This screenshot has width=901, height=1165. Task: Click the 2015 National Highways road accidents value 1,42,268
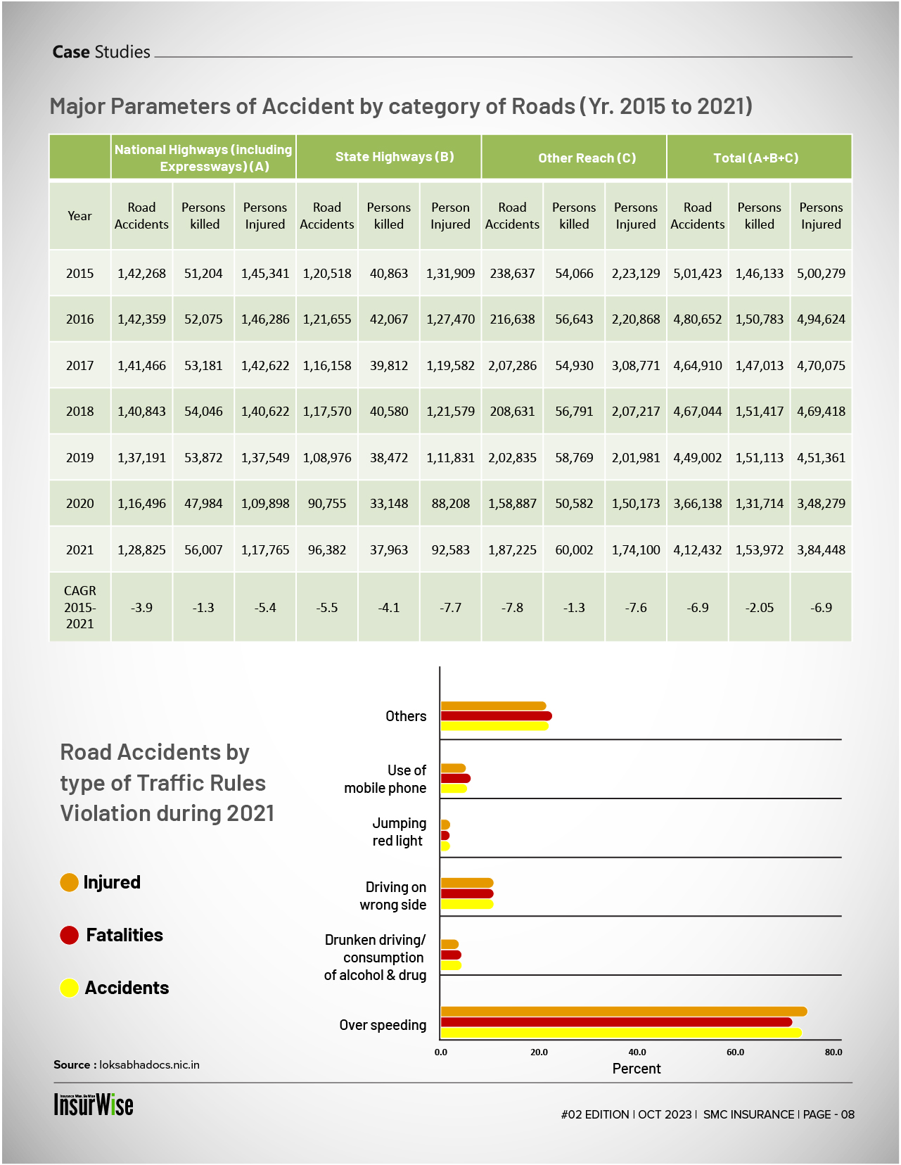(x=141, y=274)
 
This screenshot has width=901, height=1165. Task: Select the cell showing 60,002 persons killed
(x=574, y=550)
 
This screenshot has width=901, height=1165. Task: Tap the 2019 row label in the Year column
(x=79, y=458)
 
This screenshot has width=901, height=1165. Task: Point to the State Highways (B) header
(x=395, y=157)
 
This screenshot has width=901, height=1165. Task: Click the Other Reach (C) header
(x=587, y=158)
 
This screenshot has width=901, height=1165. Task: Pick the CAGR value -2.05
(x=759, y=608)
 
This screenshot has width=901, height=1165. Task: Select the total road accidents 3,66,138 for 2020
(x=697, y=504)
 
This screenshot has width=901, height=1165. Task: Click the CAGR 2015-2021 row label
(x=79, y=607)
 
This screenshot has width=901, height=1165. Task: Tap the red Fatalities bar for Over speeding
(x=616, y=1022)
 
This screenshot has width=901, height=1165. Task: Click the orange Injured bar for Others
(x=493, y=706)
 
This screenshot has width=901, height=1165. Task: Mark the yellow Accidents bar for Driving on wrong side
(x=467, y=904)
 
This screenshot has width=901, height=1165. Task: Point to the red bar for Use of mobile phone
(x=455, y=778)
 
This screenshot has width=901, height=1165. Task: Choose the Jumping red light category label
(x=398, y=832)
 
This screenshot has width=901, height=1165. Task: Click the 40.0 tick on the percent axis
(x=637, y=1052)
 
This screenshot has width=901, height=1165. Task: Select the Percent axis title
(x=637, y=1069)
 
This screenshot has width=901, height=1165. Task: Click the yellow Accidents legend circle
(x=69, y=988)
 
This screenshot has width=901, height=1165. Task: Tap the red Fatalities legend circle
(x=69, y=935)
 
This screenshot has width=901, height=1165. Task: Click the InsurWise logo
(x=94, y=1104)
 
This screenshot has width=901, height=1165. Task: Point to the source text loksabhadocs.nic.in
(x=149, y=1064)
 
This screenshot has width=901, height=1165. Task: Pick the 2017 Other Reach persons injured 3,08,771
(x=635, y=366)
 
